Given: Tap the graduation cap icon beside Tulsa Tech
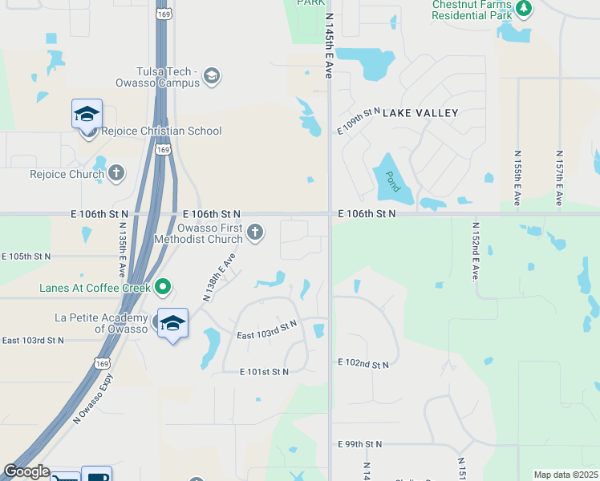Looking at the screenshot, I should coord(212,76).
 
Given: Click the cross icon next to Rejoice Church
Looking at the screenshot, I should coord(116,172).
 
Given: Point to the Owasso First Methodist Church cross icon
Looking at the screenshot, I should coord(255,233).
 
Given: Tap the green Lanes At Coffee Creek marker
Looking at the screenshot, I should coord(163,286).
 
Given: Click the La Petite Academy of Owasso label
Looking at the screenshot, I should coord(99,323).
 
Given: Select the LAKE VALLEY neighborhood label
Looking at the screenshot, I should coord(420,114).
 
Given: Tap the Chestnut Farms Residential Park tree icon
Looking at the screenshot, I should coord(524,9).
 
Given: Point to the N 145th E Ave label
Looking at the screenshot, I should coord(329,45).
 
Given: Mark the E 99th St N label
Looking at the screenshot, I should coord(360,443).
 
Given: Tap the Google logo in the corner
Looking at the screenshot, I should coord(26,471).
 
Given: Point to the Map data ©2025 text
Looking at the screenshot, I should coord(565,475).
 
